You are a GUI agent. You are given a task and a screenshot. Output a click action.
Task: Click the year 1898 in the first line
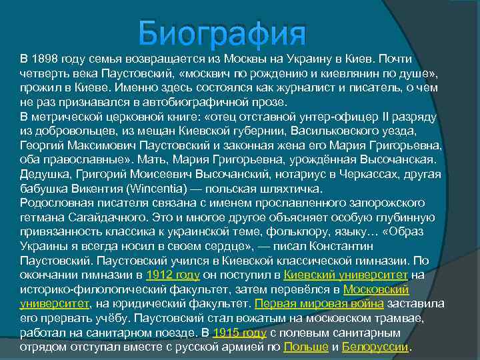click(45, 58)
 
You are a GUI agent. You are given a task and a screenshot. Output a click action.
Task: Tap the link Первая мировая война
click(319, 303)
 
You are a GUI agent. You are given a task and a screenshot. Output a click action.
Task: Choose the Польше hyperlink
click(306, 347)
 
